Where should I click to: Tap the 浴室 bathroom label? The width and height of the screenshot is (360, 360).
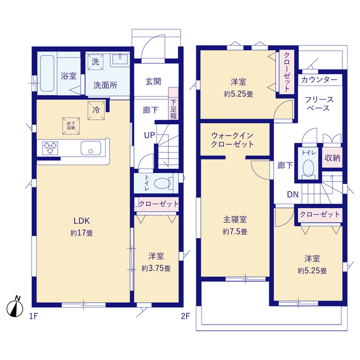69,76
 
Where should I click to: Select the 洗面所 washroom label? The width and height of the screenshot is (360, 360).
105,85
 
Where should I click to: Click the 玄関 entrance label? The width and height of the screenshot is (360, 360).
153,82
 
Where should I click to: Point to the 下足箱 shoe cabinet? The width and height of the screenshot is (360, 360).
173,105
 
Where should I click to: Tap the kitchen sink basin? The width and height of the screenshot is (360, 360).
90,149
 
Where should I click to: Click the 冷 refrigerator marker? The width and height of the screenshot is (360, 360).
96,111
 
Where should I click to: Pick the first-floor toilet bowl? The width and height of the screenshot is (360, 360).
163,183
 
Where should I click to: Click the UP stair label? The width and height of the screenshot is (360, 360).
150,136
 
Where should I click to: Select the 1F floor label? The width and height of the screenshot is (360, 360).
34,316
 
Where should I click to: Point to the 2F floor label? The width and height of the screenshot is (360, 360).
186,316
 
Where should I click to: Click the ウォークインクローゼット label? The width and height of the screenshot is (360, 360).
232,140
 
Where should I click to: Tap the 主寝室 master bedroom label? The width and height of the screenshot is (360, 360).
235,220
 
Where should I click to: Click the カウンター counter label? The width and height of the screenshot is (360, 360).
319,80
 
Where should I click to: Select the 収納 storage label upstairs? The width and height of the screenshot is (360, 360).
332,157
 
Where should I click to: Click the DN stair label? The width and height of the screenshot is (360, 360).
293,195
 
